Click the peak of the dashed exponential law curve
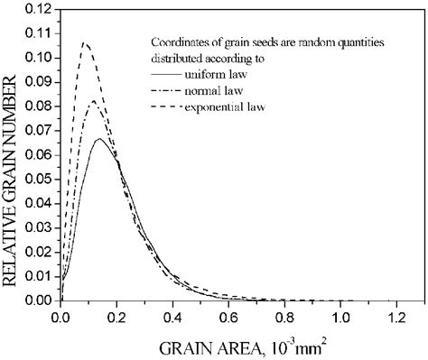point(84,42)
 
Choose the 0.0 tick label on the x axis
point(60,318)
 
